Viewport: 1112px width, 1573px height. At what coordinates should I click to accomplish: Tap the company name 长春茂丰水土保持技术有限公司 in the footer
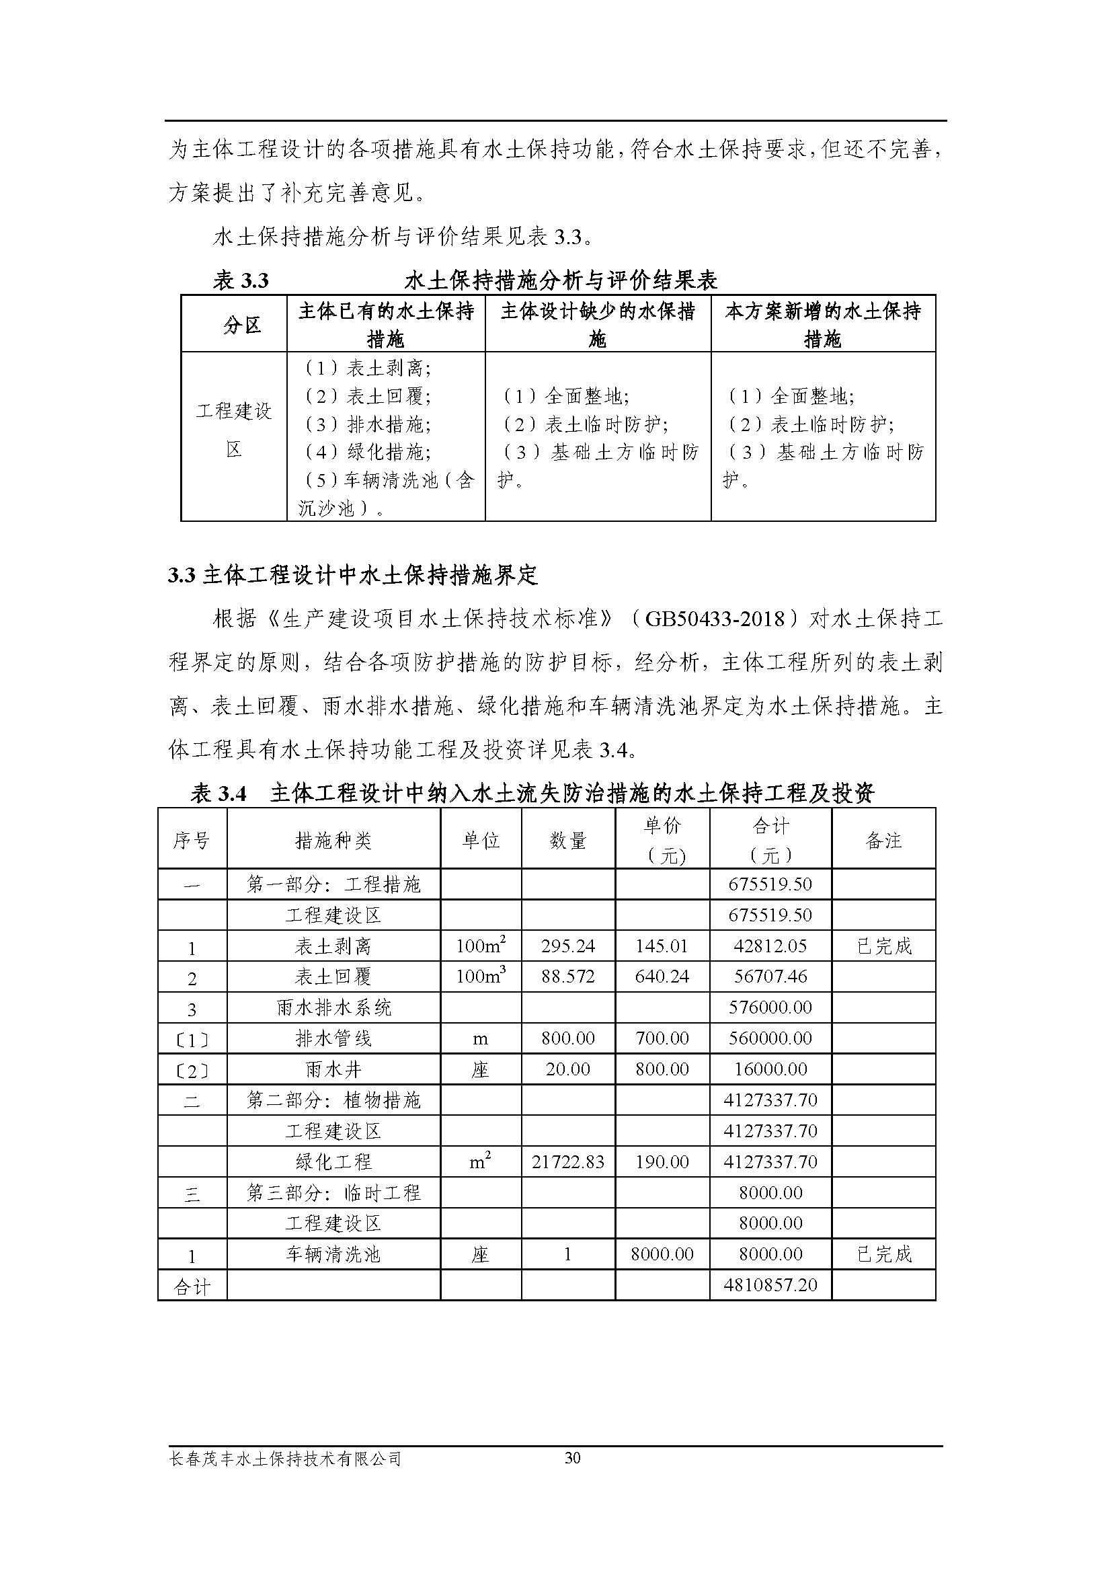click(285, 1477)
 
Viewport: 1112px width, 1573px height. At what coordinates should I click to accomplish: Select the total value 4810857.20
click(770, 1284)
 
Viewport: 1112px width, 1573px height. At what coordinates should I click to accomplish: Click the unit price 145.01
click(662, 946)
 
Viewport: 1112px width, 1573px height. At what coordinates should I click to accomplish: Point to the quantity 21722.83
click(567, 1162)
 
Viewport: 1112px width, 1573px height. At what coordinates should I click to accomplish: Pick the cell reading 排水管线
click(333, 1038)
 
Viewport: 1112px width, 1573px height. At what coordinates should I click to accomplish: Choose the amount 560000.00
click(770, 1038)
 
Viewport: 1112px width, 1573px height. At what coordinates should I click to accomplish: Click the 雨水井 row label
click(333, 1069)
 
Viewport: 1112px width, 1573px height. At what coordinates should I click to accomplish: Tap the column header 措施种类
click(333, 841)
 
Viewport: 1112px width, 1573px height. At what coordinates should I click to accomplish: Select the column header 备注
click(883, 841)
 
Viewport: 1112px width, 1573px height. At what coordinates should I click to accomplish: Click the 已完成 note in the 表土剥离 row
click(884, 946)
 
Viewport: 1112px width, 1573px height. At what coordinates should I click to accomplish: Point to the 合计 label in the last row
click(192, 1286)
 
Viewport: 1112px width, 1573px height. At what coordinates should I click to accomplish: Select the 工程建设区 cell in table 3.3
click(234, 430)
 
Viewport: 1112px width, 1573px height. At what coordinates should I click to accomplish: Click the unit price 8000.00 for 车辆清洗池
click(662, 1254)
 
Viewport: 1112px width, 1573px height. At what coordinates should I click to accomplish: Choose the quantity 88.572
click(567, 977)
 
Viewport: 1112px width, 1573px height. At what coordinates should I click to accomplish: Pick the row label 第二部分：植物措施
click(333, 1100)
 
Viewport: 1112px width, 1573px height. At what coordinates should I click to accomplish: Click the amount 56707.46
click(770, 977)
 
